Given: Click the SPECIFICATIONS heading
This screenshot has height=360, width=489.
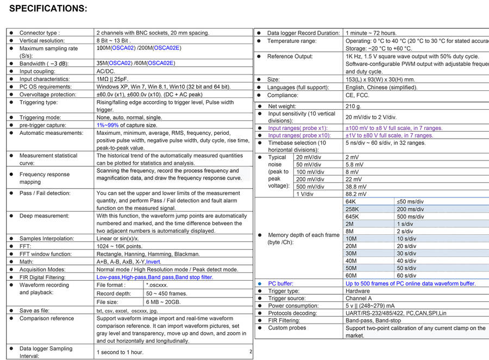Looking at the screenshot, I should point(48,9).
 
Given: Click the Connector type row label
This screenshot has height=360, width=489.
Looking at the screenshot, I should point(40,33).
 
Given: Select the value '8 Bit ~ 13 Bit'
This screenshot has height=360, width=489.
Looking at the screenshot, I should point(114,41).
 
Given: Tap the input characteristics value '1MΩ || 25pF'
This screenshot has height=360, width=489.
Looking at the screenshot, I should point(112,79).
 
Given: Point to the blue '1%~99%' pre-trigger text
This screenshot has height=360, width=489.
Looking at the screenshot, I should point(108,125).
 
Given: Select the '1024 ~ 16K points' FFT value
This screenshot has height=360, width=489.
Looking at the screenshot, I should point(119,246).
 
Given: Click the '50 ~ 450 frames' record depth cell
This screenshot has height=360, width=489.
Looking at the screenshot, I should point(167,294).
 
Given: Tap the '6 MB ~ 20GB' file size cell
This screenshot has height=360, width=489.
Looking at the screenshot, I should point(164,302).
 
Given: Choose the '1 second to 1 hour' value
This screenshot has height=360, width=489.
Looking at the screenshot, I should point(120,352).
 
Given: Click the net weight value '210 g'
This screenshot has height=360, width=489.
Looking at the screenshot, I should point(353,107).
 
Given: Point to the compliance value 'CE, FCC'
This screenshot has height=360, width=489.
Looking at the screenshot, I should point(358,96).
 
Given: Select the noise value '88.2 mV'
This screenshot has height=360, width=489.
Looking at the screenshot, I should point(356,194).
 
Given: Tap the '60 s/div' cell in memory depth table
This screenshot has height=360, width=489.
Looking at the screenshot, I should point(407,276).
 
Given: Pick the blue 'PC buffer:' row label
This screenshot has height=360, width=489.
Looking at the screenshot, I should point(280,284).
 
